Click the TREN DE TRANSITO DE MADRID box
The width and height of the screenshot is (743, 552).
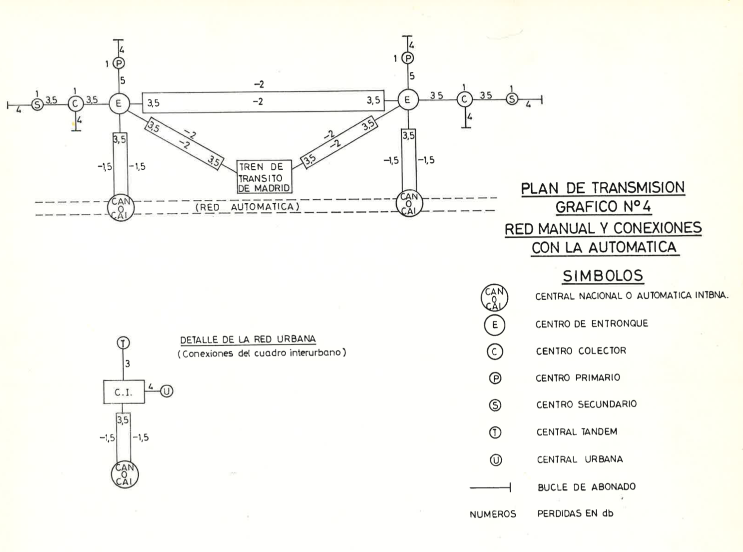[x=264, y=177]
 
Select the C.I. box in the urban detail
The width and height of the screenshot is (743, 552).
[x=124, y=392]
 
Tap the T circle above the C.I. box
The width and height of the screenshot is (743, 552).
[x=124, y=343]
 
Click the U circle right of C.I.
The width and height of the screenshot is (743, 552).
[x=166, y=391]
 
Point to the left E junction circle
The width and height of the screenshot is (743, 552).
[x=118, y=103]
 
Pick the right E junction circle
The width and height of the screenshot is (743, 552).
[x=408, y=100]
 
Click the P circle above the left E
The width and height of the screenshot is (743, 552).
[x=119, y=63]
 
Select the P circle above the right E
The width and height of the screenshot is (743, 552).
[x=408, y=58]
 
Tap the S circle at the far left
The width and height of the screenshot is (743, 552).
[x=37, y=104]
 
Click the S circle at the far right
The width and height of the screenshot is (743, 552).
[x=512, y=99]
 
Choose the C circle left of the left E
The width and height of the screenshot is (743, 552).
[x=75, y=103]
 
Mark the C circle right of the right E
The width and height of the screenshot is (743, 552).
[x=465, y=99]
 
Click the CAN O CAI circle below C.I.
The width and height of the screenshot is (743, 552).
[x=125, y=474]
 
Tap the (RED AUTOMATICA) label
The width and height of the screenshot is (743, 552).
[x=247, y=207]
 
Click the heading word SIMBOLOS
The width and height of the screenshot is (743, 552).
[x=602, y=276]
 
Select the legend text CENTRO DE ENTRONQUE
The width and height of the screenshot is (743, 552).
[x=592, y=324]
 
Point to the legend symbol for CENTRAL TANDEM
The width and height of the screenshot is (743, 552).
[x=495, y=432]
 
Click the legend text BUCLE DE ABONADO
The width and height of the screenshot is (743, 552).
[x=586, y=487]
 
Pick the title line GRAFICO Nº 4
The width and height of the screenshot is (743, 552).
[x=603, y=207]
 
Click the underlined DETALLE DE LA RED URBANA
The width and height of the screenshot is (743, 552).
[x=248, y=339]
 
